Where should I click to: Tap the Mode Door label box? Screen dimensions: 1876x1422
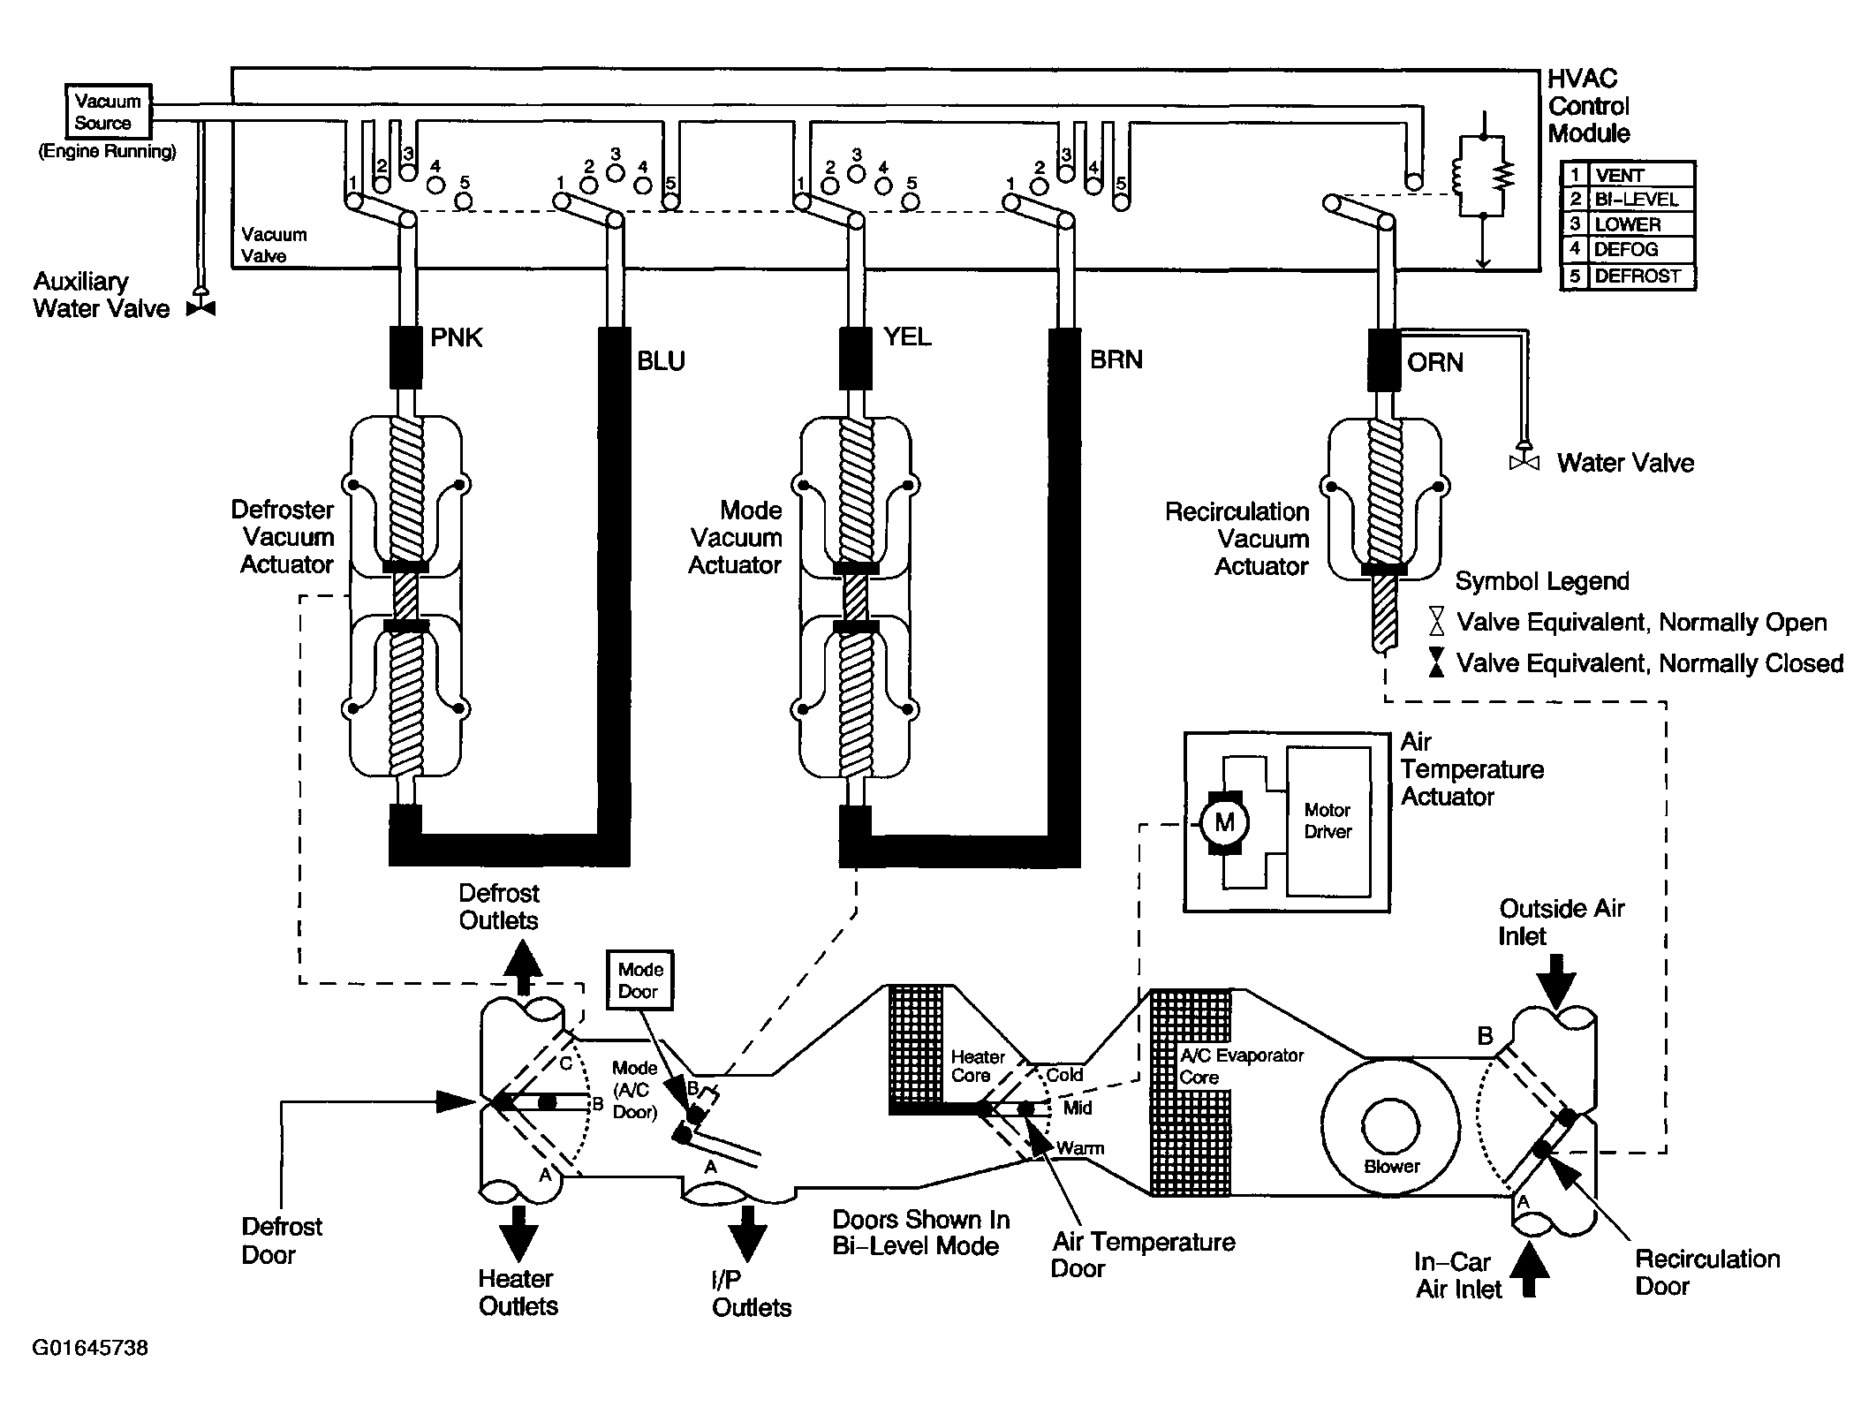coord(639,980)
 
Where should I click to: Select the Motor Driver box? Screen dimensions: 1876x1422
coord(1328,822)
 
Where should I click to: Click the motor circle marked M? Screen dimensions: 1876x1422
coord(1224,823)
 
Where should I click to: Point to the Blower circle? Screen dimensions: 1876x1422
coord(1390,1125)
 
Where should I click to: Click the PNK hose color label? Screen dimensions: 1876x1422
coord(456,337)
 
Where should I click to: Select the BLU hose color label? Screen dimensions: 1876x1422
coord(661,360)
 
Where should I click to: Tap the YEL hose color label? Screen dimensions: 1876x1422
coord(906,337)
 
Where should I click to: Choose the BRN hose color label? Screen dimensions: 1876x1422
coord(1116,359)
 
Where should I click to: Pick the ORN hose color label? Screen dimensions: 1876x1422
coord(1434,362)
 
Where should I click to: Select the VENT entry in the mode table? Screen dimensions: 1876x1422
coord(1619,175)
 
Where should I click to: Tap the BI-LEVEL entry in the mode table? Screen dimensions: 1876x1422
coord(1636,200)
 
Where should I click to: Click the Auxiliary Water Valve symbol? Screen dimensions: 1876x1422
coord(201,308)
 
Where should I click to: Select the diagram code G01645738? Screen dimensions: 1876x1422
coord(91,1348)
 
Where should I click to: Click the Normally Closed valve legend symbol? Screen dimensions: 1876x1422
coord(1437,662)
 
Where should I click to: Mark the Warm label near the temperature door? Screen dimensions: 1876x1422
coord(1080,1148)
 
